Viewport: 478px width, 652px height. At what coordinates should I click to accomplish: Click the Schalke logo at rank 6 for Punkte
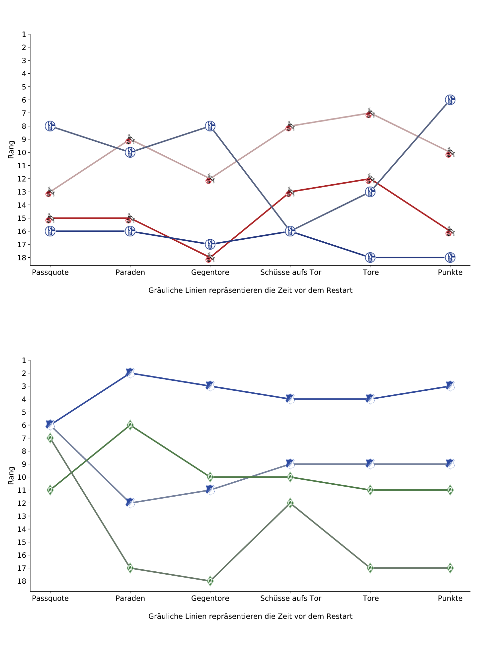(x=450, y=100)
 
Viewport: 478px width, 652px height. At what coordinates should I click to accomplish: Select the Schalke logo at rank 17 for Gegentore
(x=210, y=244)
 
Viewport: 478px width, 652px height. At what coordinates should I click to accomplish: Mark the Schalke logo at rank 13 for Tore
(x=370, y=192)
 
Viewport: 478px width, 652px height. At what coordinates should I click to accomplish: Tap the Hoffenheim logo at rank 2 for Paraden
(x=130, y=373)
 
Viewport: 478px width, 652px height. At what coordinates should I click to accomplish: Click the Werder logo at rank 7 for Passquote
(x=50, y=438)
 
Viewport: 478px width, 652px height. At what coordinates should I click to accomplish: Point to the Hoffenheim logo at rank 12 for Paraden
(x=130, y=503)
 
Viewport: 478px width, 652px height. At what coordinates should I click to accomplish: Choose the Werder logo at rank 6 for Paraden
(x=130, y=425)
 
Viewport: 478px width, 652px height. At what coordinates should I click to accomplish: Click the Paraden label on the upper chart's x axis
(x=130, y=272)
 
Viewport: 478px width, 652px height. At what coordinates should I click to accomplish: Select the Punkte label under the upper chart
(x=450, y=272)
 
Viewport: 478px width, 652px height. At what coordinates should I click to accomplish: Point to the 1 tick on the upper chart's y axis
(x=24, y=34)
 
